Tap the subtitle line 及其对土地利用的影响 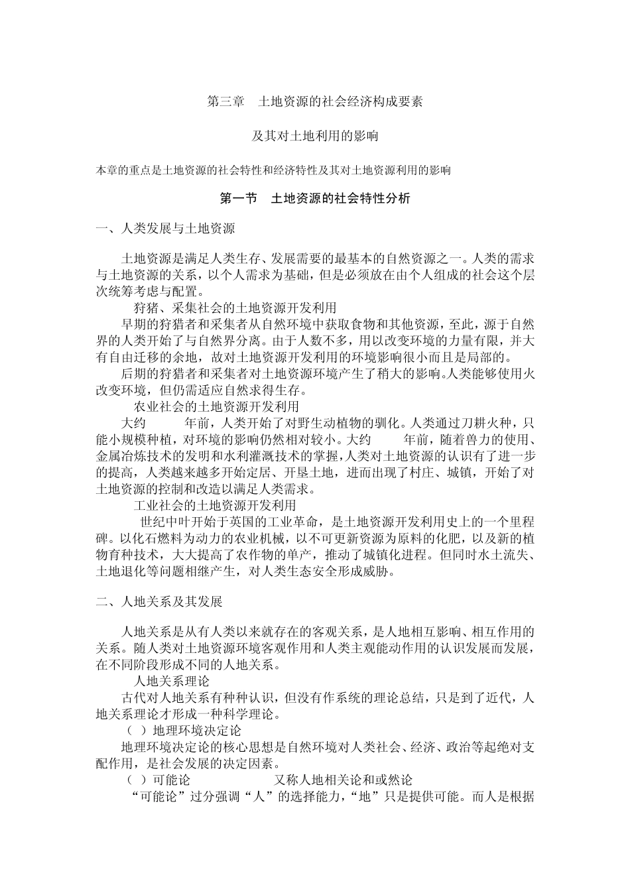315,136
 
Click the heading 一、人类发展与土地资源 165,229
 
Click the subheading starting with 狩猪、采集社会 235,308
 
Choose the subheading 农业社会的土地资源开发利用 216,406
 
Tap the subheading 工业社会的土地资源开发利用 216,505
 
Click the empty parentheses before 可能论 136,780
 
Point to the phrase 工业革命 294,521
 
